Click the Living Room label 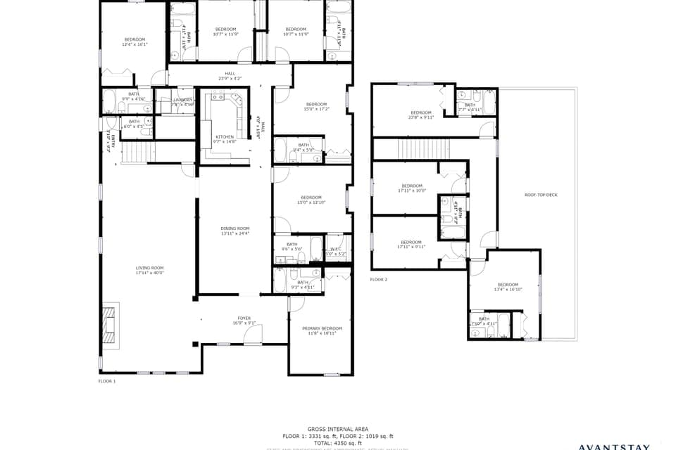point(149,270)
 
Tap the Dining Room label point(235,231)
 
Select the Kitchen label point(225,139)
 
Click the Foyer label point(244,321)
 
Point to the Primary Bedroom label point(322,330)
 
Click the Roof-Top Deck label point(541,195)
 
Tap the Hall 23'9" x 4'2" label point(230,76)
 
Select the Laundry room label point(182,101)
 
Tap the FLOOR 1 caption point(106,380)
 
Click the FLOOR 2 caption point(379,279)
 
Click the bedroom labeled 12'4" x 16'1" point(134,41)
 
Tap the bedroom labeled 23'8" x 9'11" point(421,115)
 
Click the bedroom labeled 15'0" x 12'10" point(311,200)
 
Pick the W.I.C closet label point(335,251)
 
